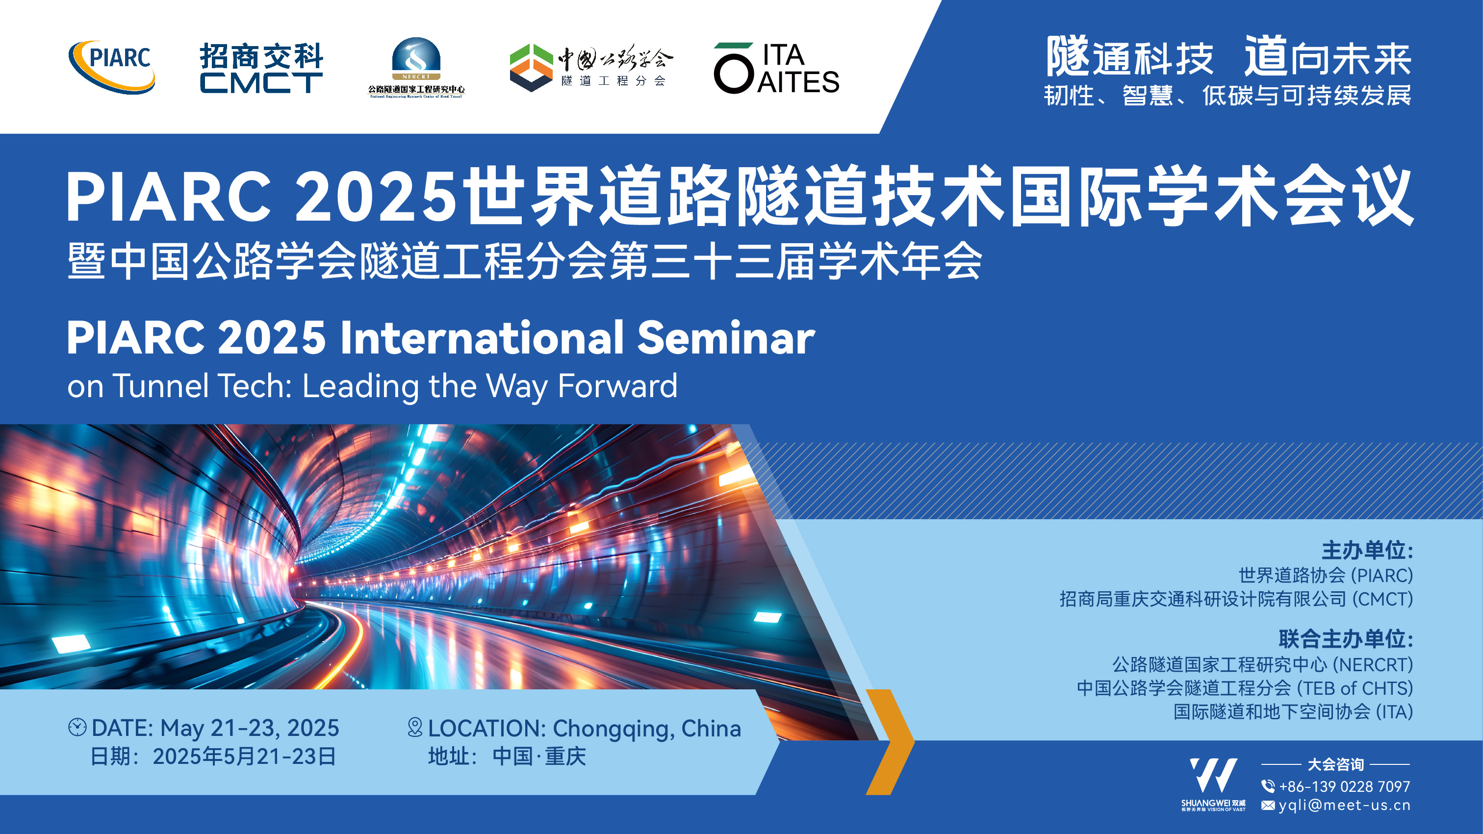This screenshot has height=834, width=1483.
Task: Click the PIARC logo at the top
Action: click(113, 66)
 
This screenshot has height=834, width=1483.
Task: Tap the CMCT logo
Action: click(261, 68)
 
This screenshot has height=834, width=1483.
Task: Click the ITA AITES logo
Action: click(776, 68)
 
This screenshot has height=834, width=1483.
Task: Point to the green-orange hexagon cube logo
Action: click(531, 67)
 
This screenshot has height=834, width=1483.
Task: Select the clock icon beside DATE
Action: click(77, 727)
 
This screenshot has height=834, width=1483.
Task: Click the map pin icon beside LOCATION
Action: click(414, 727)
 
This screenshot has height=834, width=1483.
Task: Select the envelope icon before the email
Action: click(1268, 805)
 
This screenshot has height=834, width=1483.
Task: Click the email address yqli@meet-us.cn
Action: click(1344, 805)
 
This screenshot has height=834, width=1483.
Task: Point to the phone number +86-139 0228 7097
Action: click(1344, 786)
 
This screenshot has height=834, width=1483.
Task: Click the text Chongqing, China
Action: click(646, 728)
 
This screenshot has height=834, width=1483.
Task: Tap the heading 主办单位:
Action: click(1367, 550)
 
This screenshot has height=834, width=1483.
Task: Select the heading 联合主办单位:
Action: click(1345, 639)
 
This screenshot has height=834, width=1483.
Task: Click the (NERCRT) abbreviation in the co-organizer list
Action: click(1373, 665)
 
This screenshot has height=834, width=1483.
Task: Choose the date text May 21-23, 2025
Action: click(249, 728)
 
